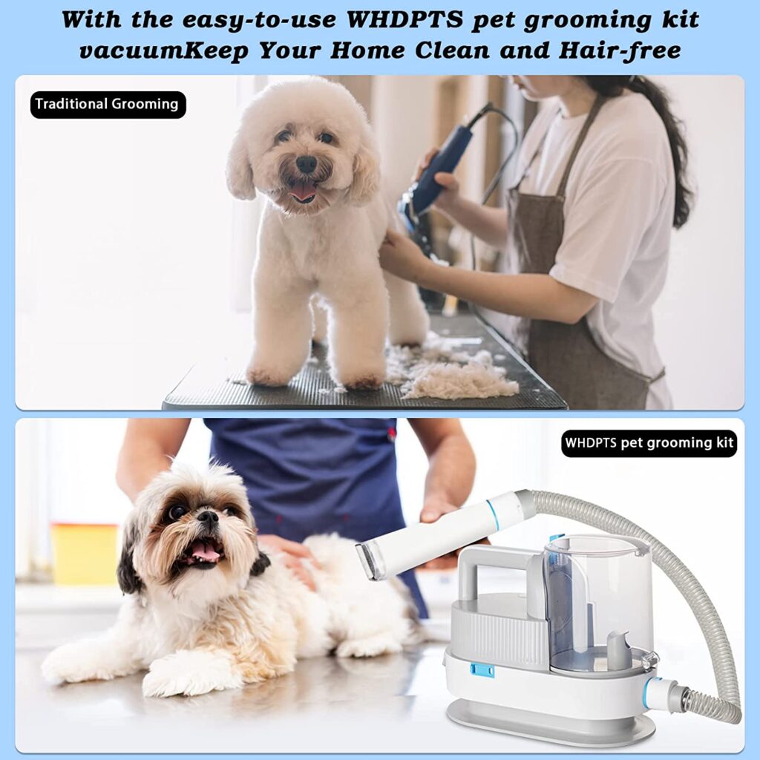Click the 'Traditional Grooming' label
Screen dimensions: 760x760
pos(108,105)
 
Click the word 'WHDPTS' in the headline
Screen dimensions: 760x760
pos(405,19)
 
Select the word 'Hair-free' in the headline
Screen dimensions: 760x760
pos(620,51)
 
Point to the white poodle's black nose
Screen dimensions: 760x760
pos(307,164)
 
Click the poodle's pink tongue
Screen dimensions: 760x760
pos(304,192)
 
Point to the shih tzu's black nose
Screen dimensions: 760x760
pos(208,517)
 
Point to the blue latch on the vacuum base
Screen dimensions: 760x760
pos(482,671)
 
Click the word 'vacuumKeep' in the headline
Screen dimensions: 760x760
pos(164,51)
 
